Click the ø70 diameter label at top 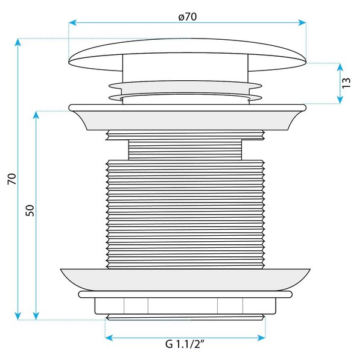point(188,17)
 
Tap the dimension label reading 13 point(346,83)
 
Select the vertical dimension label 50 point(30,210)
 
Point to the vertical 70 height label point(12,179)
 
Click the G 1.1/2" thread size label point(185,344)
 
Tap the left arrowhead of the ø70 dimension point(72,23)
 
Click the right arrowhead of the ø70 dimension point(302,23)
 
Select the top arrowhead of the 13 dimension point(340,67)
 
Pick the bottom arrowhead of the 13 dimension point(340,99)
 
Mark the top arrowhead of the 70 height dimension point(17,42)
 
